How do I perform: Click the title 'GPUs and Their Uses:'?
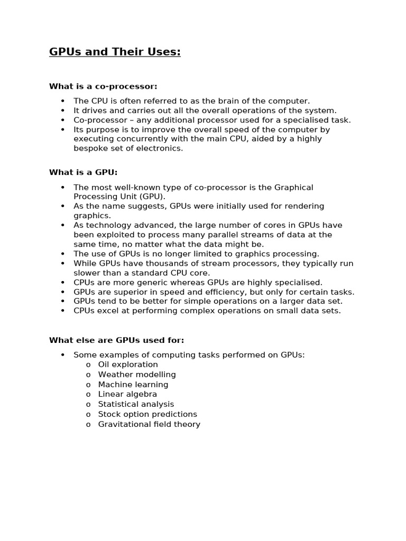click(115, 52)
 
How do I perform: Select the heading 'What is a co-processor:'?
click(103, 86)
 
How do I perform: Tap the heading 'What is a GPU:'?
click(83, 172)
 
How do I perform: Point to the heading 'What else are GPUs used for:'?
click(116, 340)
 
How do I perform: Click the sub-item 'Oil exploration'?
click(128, 365)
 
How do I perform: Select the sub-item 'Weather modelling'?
click(137, 375)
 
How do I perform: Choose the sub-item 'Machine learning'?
click(133, 385)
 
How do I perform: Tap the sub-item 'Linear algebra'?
click(127, 394)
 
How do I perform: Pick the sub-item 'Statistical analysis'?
click(136, 404)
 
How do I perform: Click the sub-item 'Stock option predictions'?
click(147, 414)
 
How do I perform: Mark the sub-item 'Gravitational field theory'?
click(149, 424)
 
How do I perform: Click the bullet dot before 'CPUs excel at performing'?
click(62, 311)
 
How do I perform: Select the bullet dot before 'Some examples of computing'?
click(62, 355)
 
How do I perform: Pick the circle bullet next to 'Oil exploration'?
click(88, 365)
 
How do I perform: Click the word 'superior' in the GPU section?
click(130, 292)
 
